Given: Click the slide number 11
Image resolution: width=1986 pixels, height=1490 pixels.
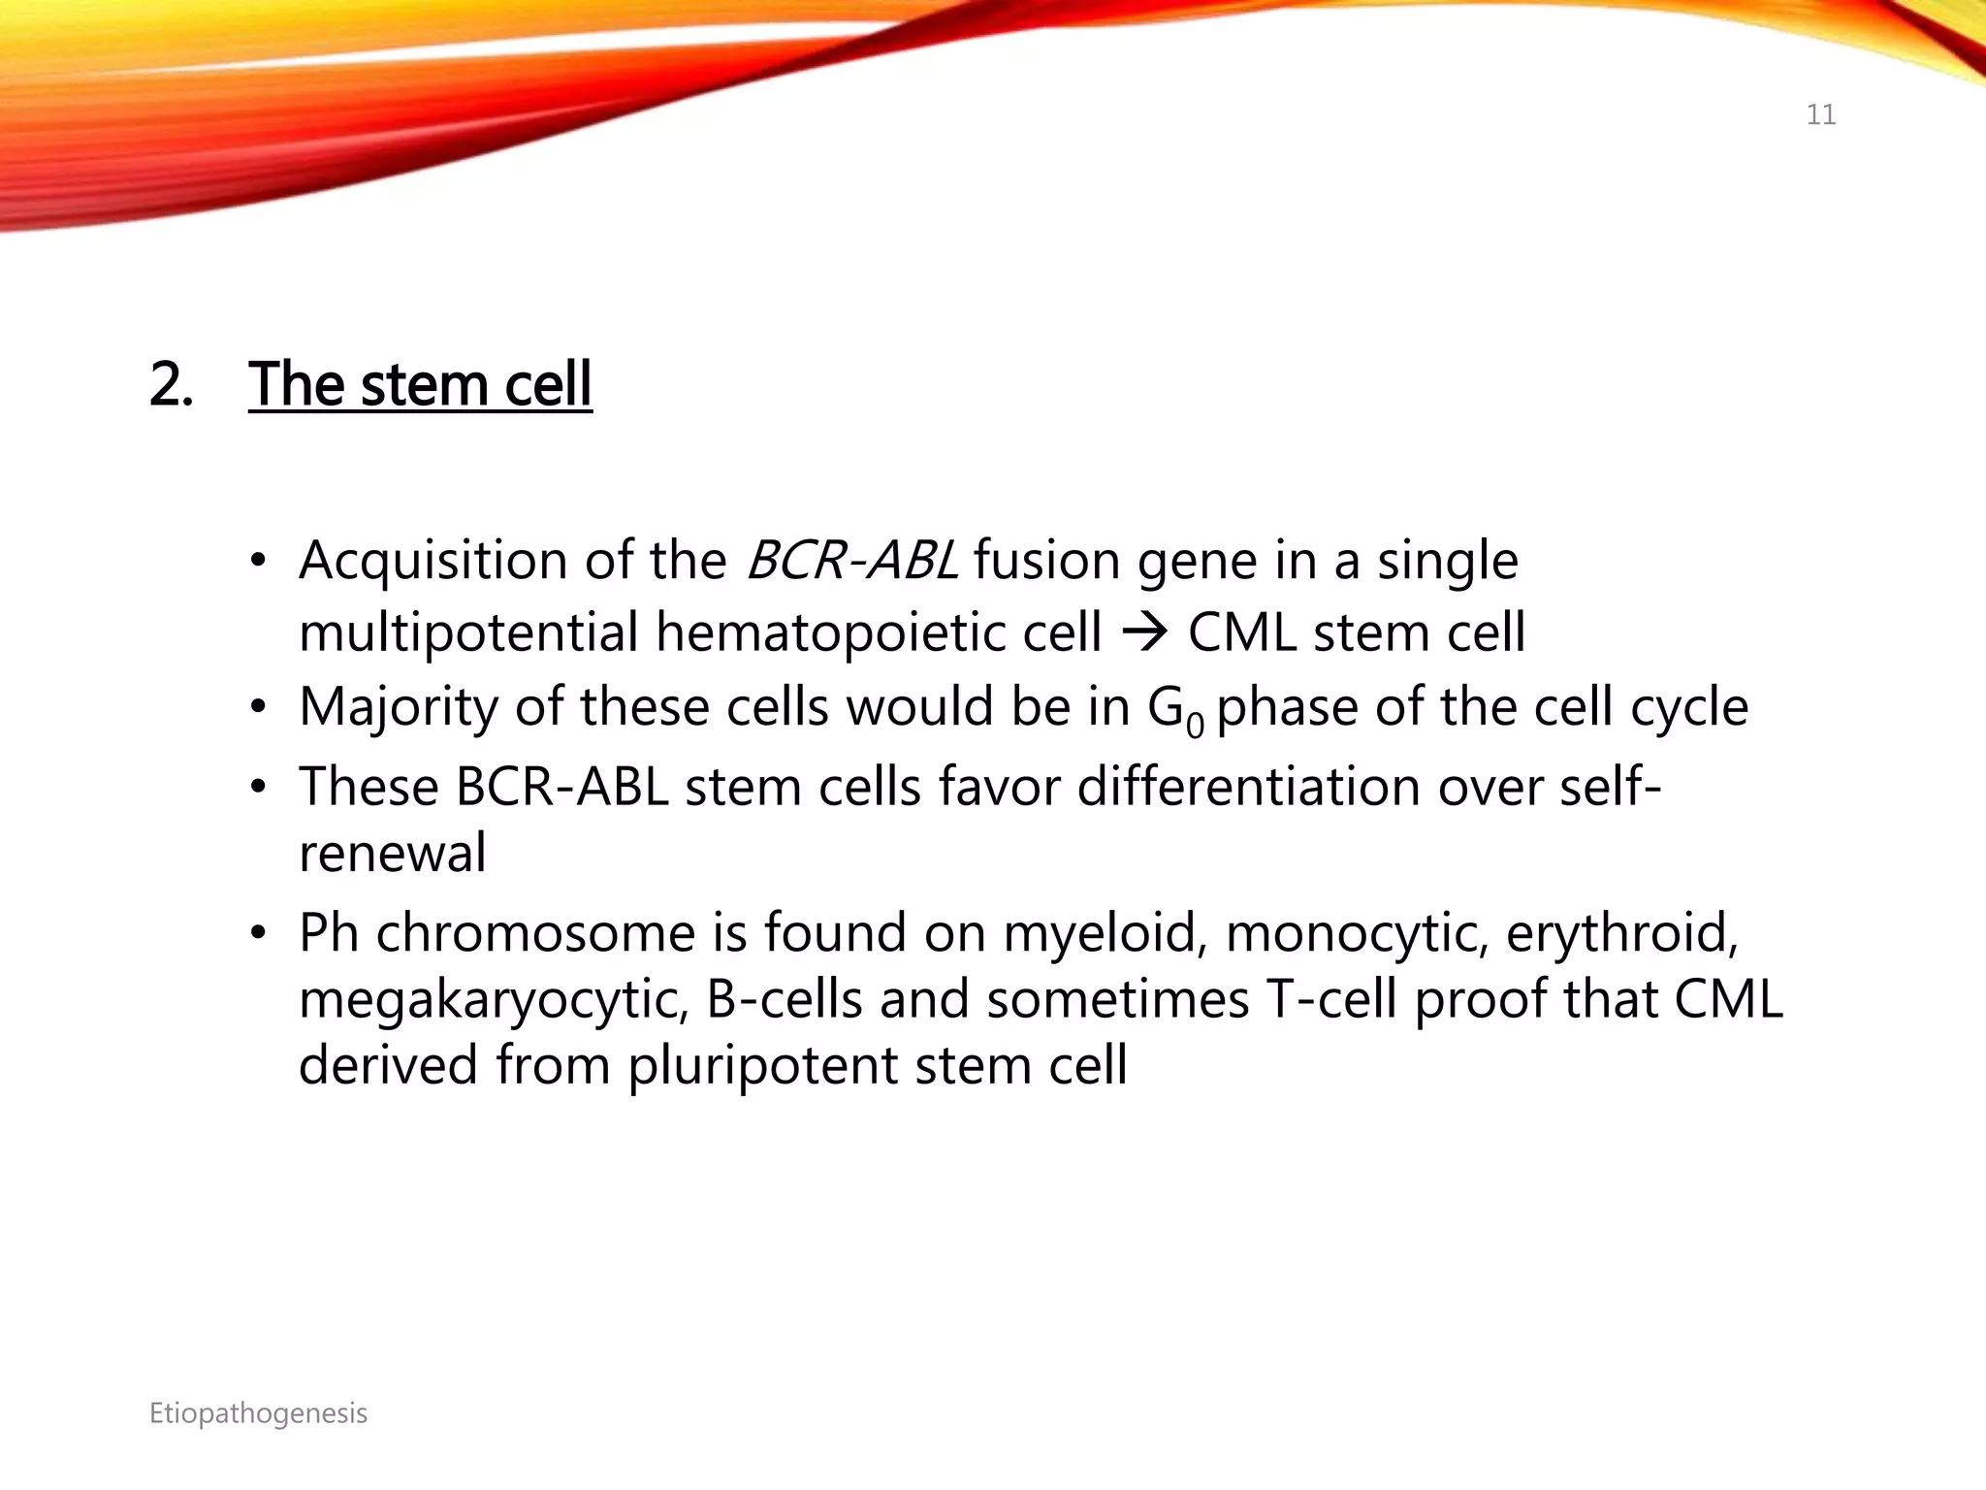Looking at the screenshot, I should [x=1820, y=115].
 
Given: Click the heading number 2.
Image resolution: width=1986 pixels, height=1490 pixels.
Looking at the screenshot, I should [x=171, y=384].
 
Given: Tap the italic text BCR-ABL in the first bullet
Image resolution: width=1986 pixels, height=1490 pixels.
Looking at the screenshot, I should [x=851, y=561].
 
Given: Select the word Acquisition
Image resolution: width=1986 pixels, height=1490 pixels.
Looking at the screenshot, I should [x=432, y=561].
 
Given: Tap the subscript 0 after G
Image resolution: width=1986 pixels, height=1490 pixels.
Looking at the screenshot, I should [x=1195, y=724].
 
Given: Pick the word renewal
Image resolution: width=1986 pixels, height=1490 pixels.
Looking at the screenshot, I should [x=392, y=853].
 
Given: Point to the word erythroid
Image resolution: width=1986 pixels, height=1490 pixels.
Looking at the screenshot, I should [x=1620, y=933].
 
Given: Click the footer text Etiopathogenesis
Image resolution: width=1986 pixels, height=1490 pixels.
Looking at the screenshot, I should [x=258, y=1413].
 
